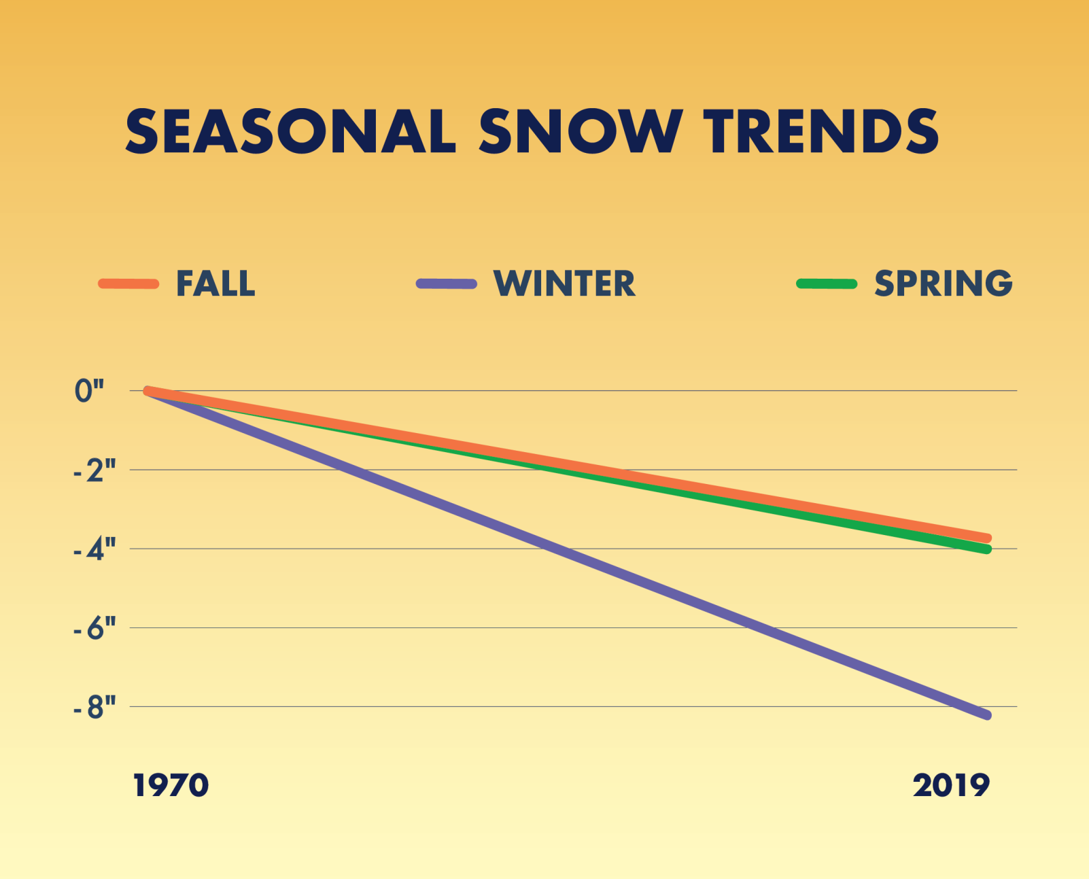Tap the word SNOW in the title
(580, 131)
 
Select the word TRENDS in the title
(821, 131)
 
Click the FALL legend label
(215, 283)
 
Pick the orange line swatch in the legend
(128, 283)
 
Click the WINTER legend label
(564, 283)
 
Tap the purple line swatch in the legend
(446, 283)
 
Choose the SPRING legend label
(943, 283)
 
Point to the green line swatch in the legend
(826, 283)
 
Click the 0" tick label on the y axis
(89, 391)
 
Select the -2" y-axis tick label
(94, 470)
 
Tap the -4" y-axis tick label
(94, 549)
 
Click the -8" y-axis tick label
(94, 708)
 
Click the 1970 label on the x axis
(171, 786)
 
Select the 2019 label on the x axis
(951, 786)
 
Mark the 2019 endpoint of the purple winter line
(987, 715)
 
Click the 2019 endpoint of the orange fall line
(987, 538)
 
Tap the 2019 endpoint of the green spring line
(987, 549)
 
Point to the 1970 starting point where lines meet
(148, 391)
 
